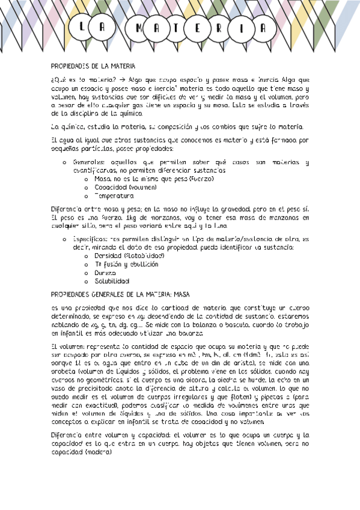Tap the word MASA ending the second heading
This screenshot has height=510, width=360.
[x=182, y=295]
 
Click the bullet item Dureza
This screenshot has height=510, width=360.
[x=106, y=272]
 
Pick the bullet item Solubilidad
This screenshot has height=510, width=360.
[x=112, y=281]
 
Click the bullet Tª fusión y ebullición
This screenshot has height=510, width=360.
[x=126, y=264]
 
